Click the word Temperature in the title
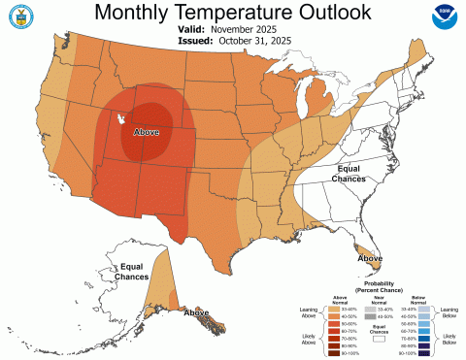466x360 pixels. (x=232, y=13)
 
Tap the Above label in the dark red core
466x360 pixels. (x=146, y=130)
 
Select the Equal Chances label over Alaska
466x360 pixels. (x=133, y=272)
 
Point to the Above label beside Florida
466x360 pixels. (x=369, y=259)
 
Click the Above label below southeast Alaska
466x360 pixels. (x=197, y=312)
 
